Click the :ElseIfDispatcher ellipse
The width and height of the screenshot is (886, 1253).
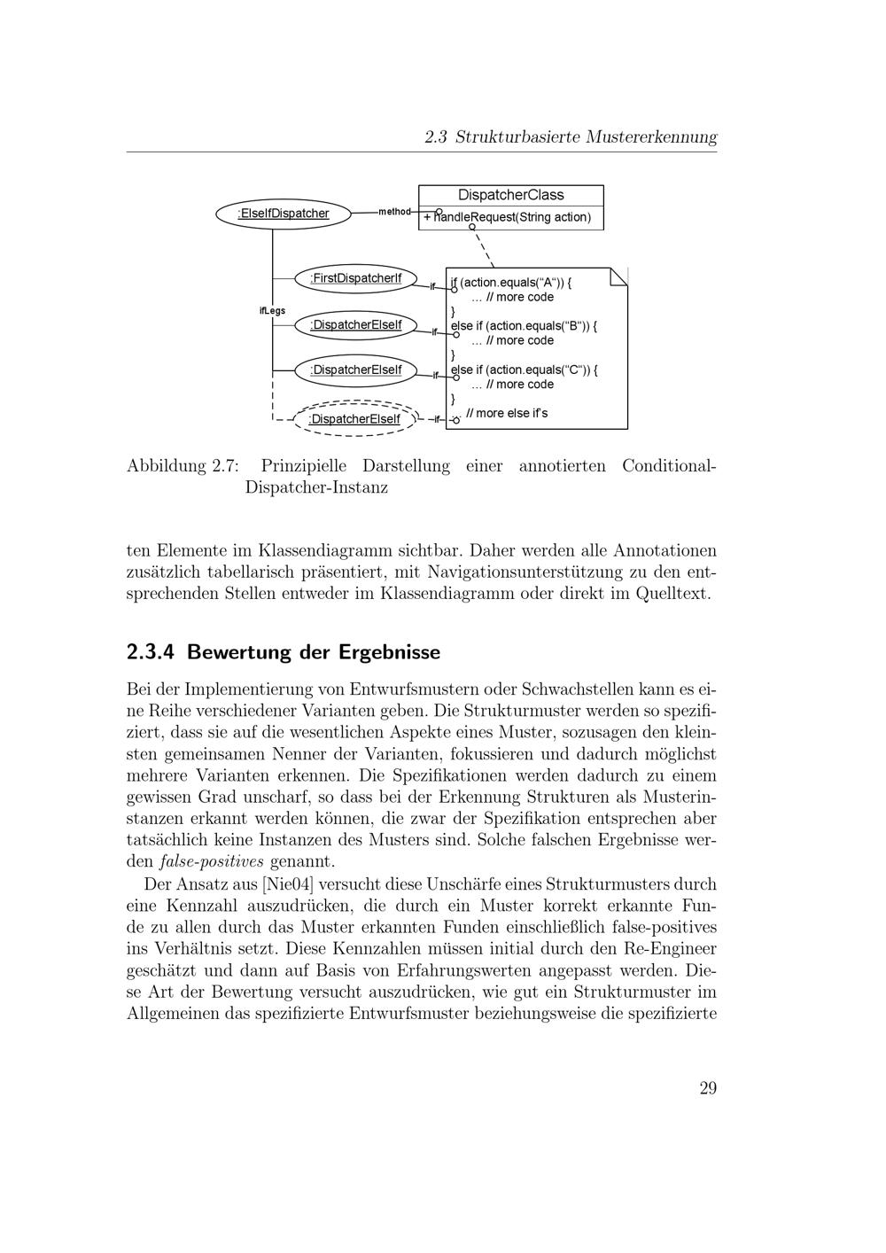[283, 214]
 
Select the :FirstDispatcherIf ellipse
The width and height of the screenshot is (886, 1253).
[354, 279]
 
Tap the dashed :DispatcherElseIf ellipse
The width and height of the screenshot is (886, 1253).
[354, 419]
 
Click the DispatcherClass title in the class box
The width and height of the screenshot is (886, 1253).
[510, 196]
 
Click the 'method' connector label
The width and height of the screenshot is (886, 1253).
[394, 212]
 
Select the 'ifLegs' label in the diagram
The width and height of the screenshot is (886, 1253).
[272, 311]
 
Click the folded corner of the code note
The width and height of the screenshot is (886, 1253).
[618, 276]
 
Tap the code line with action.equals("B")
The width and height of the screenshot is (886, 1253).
[524, 326]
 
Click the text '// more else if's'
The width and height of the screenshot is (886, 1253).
[507, 413]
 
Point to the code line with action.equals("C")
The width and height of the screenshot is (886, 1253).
[524, 370]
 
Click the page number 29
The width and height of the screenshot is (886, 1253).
[707, 1089]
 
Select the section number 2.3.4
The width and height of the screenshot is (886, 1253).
[152, 653]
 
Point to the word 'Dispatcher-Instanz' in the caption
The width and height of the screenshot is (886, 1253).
[316, 488]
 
